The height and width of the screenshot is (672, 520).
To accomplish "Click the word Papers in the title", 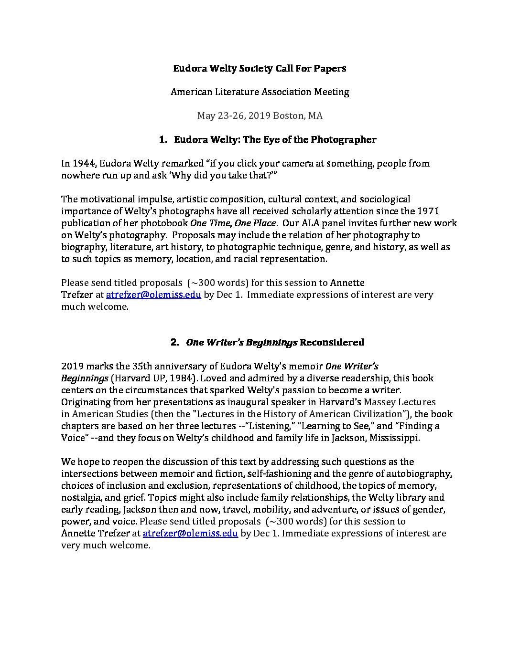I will [330, 68].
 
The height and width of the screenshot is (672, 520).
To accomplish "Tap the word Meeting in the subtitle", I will [331, 92].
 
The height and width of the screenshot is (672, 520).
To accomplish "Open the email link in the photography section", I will [153, 294].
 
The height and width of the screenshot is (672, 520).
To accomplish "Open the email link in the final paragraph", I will [190, 533].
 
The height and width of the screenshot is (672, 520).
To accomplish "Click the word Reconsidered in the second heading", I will [332, 342].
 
